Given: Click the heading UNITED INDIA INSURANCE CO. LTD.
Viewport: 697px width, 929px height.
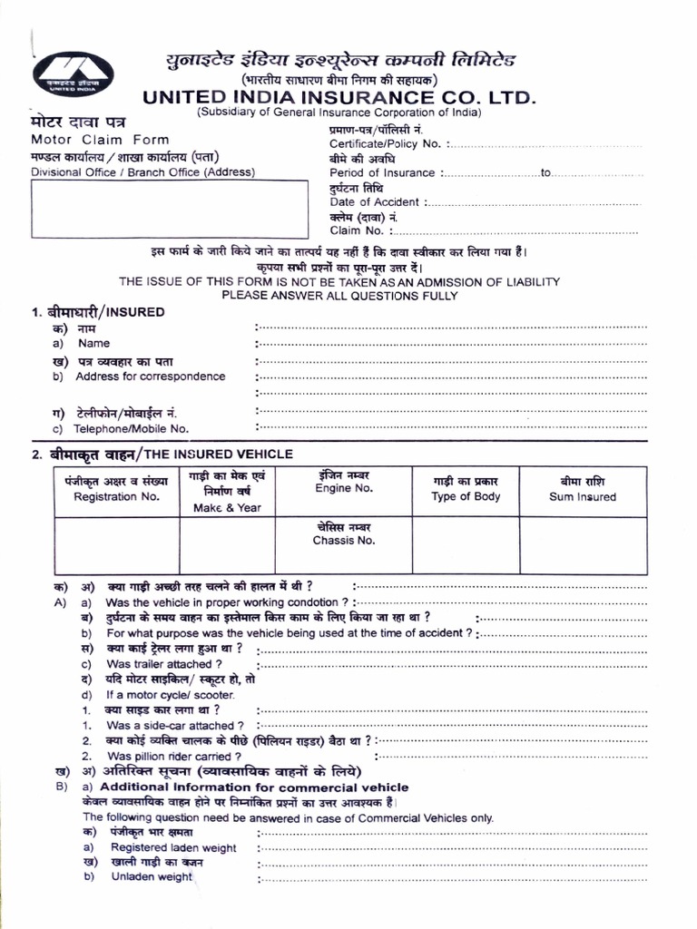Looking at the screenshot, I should (339, 97).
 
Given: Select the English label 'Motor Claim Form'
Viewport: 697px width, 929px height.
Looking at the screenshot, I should (100, 140).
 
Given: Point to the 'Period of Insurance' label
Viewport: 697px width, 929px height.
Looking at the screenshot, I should (382, 173).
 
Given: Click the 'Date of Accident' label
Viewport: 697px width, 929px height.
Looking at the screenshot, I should (374, 202).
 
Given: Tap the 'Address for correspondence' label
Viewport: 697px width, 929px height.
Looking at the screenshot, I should (151, 376).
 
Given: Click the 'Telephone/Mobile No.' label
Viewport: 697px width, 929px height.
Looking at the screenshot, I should (132, 428).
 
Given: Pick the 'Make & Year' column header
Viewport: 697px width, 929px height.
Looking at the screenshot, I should (226, 508).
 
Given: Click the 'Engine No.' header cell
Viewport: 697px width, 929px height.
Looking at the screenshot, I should (344, 489).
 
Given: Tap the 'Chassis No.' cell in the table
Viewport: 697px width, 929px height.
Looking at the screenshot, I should (344, 541).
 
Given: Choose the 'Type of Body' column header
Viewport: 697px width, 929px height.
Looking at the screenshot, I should (466, 497).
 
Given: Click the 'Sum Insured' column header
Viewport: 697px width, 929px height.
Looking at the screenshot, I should (582, 497).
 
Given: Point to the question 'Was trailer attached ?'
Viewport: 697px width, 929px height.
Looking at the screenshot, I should (164, 664).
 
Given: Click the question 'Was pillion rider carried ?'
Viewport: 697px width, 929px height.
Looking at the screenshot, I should (173, 756).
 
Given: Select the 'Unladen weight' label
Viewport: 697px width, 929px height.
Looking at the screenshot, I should (152, 877).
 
